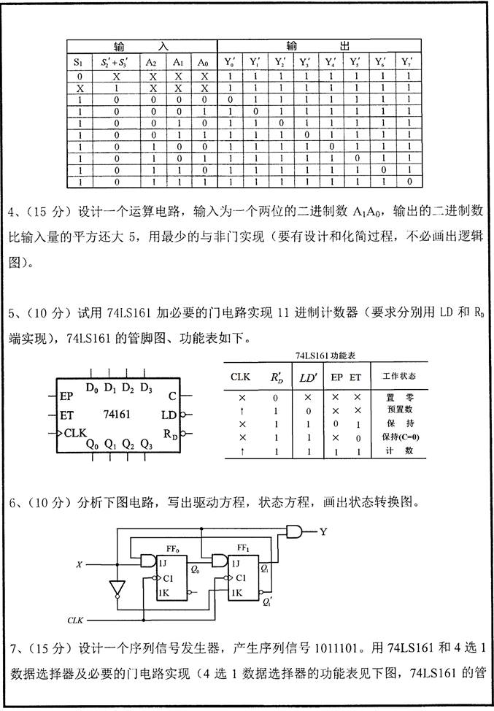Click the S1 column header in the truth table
click(x=79, y=63)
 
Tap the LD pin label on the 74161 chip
click(x=168, y=415)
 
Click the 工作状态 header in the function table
click(x=395, y=377)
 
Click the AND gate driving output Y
click(x=296, y=531)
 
